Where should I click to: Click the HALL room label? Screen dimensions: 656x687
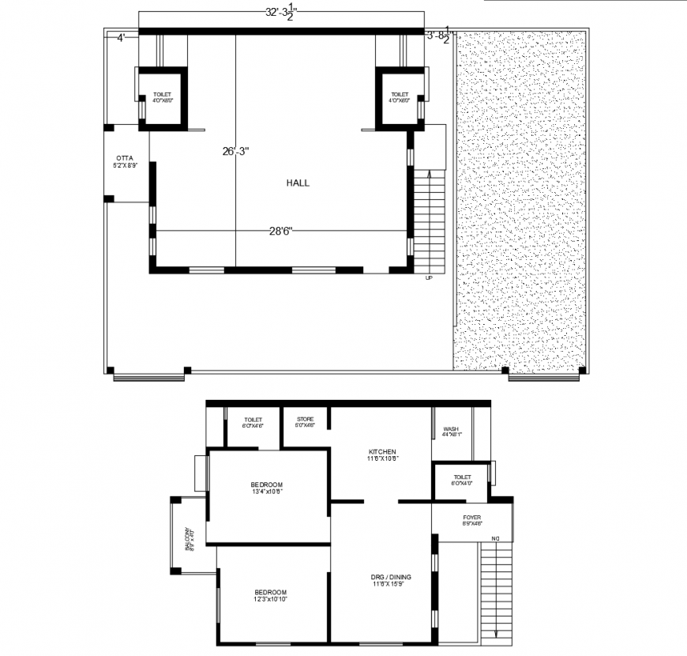click(298, 183)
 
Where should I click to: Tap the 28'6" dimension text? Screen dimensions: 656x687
click(280, 231)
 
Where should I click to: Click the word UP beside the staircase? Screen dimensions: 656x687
click(429, 278)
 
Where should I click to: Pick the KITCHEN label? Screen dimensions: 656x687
click(381, 452)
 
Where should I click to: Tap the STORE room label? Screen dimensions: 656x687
click(306, 420)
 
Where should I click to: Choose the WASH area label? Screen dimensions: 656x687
click(451, 429)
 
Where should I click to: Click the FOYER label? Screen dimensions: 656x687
click(471, 518)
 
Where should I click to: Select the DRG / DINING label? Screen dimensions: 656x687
click(390, 577)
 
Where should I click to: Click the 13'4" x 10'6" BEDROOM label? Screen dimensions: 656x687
click(266, 484)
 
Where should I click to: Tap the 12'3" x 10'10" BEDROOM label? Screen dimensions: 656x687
click(270, 592)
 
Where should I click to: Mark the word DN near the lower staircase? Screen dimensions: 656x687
click(495, 539)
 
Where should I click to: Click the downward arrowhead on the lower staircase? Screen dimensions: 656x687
click(496, 634)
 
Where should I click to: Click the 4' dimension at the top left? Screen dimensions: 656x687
click(122, 36)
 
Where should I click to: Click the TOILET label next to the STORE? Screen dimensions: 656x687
click(253, 420)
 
